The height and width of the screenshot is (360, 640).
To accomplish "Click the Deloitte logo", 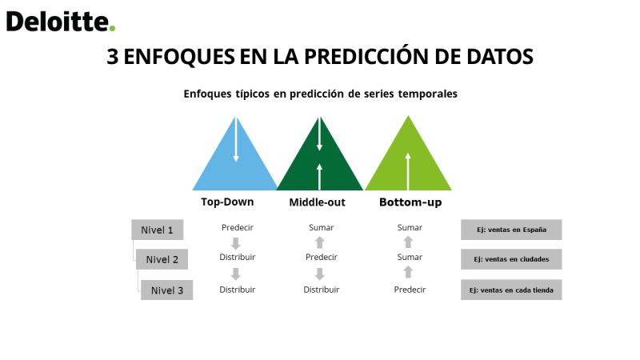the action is [61, 22].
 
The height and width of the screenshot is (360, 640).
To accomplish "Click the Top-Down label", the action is [227, 202].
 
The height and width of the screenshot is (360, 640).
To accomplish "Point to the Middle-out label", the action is [317, 202].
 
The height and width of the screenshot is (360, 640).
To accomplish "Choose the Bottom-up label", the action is [410, 202].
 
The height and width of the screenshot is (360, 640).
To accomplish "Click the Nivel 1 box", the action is [157, 230].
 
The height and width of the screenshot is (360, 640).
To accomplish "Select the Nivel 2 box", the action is [162, 259].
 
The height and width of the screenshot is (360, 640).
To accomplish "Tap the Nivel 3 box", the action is [167, 290].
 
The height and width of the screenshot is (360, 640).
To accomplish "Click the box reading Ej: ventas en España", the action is [511, 230].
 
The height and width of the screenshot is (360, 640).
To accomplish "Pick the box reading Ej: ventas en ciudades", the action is [511, 259].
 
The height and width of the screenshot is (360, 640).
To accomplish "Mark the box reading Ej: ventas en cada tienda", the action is [511, 290].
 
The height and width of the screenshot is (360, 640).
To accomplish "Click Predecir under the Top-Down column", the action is [237, 227].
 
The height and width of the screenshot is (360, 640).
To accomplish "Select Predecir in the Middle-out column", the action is [322, 257].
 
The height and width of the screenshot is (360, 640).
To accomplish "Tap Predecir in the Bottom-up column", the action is [410, 290].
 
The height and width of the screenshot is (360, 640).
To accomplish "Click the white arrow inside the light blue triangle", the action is [236, 139].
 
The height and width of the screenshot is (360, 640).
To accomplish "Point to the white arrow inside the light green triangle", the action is [408, 171].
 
